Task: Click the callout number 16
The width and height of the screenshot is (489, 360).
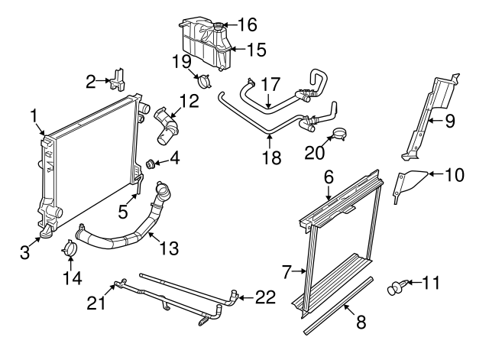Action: (248, 25)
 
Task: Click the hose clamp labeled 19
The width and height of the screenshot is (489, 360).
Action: (204, 80)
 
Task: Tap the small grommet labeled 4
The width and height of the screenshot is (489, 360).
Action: (151, 163)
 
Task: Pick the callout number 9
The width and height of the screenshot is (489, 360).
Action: (449, 119)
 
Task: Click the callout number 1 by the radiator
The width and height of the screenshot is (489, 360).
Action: (35, 115)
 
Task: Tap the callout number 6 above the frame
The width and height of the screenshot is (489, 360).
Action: (329, 177)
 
